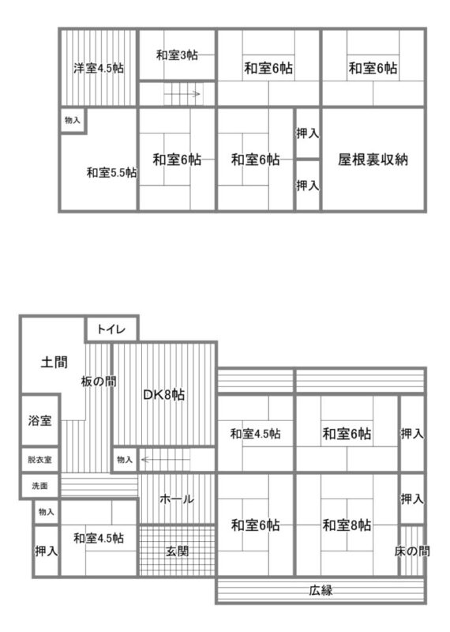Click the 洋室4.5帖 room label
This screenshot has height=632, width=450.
coord(99,68)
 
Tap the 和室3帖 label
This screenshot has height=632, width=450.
coord(177,55)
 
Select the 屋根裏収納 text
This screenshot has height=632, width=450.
coord(373,160)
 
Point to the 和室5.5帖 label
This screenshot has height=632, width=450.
coord(111,172)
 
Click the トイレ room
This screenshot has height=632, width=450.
coord(111,329)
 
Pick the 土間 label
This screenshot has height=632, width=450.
coord(54,362)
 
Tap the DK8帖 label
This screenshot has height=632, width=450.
coord(164,394)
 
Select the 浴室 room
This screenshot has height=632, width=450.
coord(40,420)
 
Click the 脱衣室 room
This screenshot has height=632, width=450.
coord(40,460)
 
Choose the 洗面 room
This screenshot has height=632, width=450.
coord(40,486)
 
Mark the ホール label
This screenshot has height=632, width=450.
coord(177,499)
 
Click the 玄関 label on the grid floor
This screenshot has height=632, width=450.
coord(178,551)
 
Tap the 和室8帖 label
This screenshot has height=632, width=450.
coord(347,525)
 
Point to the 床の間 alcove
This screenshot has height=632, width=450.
coord(412,551)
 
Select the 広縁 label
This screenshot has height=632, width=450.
coord(321,590)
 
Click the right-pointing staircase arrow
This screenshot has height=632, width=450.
coord(182,94)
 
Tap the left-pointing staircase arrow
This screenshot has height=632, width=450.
coord(166,460)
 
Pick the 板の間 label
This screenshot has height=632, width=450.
coord(99,382)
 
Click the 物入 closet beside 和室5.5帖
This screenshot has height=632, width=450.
coord(73,120)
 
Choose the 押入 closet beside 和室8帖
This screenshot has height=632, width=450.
coord(412,499)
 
